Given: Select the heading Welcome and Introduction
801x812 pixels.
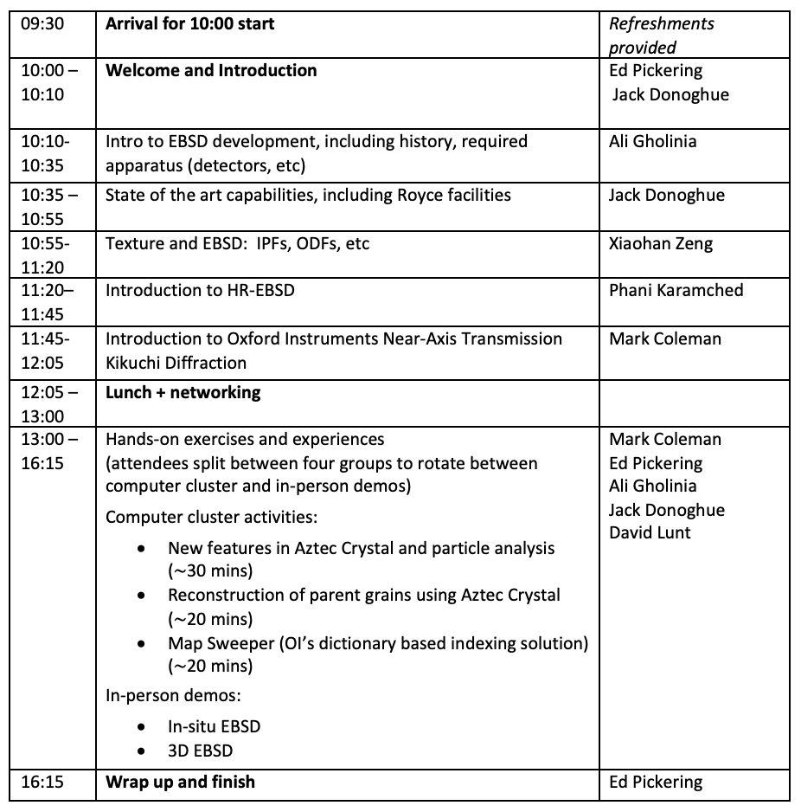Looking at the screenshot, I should click(x=211, y=70).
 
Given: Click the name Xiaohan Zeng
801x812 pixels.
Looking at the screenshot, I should click(x=661, y=243).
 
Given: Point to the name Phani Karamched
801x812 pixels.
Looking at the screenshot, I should click(x=676, y=290).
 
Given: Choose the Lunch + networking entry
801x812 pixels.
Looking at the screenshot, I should click(x=183, y=392).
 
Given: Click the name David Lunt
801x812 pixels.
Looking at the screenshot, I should click(x=650, y=532).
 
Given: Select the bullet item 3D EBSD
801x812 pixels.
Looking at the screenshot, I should click(x=200, y=751).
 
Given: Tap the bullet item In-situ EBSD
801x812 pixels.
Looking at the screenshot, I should click(x=214, y=726).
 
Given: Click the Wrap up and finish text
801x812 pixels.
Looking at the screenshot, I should click(x=180, y=782).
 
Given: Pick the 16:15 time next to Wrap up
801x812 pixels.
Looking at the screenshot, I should click(x=42, y=782).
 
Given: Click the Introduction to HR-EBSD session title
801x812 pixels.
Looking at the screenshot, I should click(x=200, y=290).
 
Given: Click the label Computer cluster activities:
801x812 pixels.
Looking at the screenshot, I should click(x=211, y=517).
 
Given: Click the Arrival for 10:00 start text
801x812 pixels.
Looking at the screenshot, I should click(x=189, y=23).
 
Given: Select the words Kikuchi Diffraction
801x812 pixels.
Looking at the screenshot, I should click(x=176, y=362).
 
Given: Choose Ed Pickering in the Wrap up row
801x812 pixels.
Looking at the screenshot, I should click(x=656, y=782).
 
